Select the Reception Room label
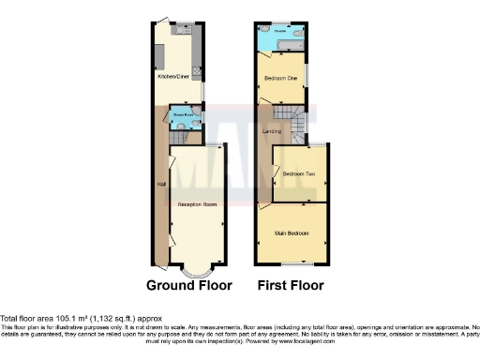[x=197, y=203]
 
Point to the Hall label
[x=161, y=184]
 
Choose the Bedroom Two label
[x=298, y=174]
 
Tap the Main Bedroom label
[x=291, y=232]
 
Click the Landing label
[x=272, y=130]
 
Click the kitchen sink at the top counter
[x=182, y=28]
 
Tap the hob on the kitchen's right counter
[x=196, y=68]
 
